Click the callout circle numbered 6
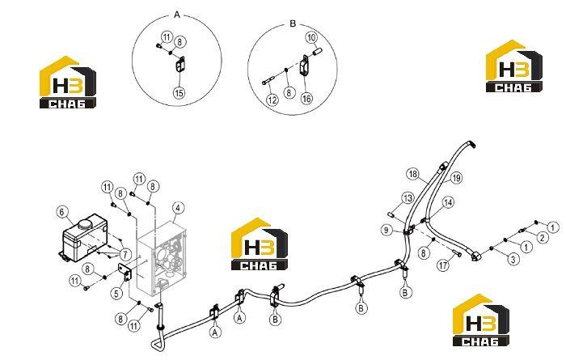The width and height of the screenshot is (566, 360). (x=62, y=212)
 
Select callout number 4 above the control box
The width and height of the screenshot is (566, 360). (x=178, y=208)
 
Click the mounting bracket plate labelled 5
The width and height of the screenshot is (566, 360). (x=125, y=272)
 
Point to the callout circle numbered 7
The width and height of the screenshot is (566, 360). (x=125, y=255)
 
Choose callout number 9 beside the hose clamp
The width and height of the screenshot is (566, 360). (x=386, y=230)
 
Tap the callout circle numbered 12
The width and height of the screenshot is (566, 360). (x=272, y=100)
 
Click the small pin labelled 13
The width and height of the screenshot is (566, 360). (x=391, y=214)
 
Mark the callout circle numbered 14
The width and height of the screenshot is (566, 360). (x=448, y=202)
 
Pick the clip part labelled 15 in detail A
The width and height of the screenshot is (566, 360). (x=180, y=65)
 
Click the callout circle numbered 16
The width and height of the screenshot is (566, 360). (x=306, y=98)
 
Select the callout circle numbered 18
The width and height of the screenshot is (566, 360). (x=412, y=174)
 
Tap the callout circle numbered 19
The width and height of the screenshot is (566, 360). (x=457, y=178)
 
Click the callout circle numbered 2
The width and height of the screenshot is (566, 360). (x=543, y=237)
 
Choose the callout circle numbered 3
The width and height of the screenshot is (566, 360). (x=514, y=259)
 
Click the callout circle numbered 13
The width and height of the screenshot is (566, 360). (x=408, y=198)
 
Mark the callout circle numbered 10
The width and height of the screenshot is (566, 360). (x=311, y=37)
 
